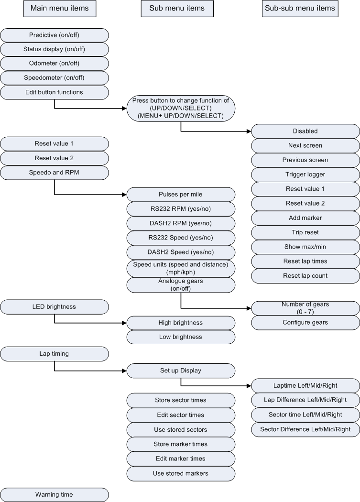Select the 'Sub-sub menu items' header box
pos(299,9)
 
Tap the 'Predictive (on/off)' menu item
pos(54,35)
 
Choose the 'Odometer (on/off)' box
pos(54,64)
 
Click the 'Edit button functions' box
pos(54,92)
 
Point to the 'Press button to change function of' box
pos(181,108)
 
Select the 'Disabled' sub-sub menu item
pos(305,131)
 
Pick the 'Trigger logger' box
pos(305,175)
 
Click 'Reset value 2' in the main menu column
pos(54,158)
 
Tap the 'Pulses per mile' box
pos(181,195)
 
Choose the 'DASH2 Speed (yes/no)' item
pos(181,252)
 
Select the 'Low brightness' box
pos(181,337)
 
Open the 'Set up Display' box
pos(181,371)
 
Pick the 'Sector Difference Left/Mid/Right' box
pos(305,429)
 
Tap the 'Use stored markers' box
pos(181,473)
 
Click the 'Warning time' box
pos(54,494)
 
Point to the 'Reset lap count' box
pos(305,275)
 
